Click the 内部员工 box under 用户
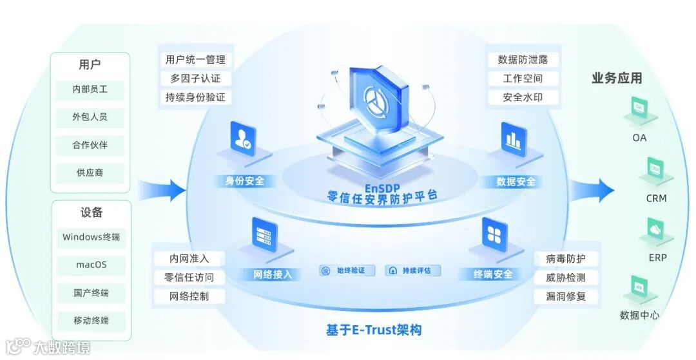coord(90,90)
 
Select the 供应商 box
coord(90,173)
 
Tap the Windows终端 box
coord(91,237)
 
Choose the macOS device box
coord(91,265)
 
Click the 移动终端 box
coord(91,320)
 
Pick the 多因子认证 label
coord(195,79)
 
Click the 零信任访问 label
coord(189,278)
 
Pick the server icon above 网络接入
coord(264,234)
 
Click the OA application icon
coord(639,108)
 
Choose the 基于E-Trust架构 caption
coord(374,330)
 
